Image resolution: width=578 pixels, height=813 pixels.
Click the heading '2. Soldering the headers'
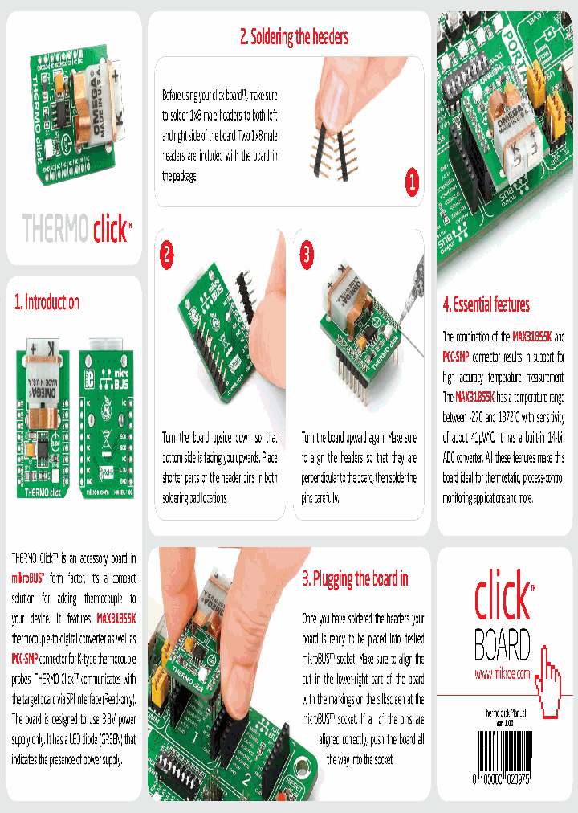point(294,36)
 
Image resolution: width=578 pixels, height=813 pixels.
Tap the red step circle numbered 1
point(411,182)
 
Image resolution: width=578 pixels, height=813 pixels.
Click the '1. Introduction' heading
point(47,303)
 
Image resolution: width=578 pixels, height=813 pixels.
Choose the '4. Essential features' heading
point(486,304)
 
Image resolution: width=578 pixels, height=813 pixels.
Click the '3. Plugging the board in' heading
point(355,578)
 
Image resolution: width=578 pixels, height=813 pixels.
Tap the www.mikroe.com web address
point(503,674)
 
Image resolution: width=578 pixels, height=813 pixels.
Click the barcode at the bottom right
point(506,767)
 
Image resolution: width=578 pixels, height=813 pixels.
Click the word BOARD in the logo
point(503,644)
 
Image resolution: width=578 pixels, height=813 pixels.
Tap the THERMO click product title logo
point(75,229)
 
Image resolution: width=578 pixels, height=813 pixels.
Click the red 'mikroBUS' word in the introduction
point(28,578)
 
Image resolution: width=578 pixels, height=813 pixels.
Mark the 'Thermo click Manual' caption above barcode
point(506,713)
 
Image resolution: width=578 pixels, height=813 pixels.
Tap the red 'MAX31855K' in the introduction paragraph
point(116,619)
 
